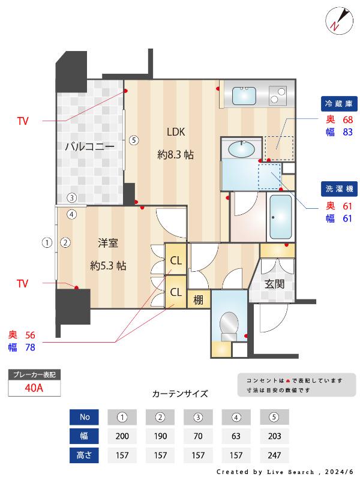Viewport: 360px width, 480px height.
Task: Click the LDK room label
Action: pos(176,132)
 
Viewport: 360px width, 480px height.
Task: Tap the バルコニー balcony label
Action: pos(89,146)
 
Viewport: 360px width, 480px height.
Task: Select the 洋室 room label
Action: pos(108,243)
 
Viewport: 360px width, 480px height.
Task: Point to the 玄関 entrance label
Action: pos(275,284)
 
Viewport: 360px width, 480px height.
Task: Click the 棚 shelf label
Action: pos(197,300)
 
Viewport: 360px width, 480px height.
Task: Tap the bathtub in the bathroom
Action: pos(281,217)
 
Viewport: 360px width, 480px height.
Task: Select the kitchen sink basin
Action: pos(244,95)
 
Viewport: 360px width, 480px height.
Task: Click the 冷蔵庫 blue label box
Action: pos(340,104)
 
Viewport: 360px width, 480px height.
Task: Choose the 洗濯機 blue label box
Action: pos(340,187)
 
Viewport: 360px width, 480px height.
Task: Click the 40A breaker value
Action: pos(34,388)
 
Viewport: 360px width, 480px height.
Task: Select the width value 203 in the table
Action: pos(274,436)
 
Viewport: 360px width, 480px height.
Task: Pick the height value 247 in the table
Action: pos(274,455)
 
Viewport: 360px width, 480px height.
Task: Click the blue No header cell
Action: pos(85,417)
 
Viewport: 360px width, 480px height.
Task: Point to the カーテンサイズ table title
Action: pos(180,394)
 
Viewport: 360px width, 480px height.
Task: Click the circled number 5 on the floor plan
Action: pos(134,140)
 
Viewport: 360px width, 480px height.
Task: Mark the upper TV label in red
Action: pos(23,121)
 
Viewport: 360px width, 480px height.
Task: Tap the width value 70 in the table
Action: pos(198,436)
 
